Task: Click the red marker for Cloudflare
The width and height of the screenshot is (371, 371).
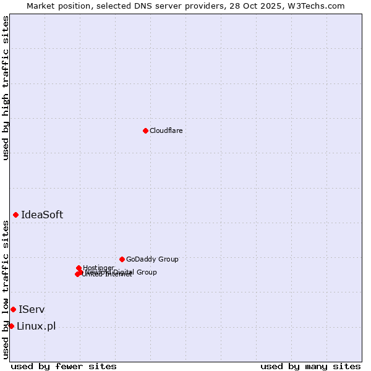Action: (145, 130)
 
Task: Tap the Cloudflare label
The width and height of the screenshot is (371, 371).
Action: (166, 131)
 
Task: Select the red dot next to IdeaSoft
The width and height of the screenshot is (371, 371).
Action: (16, 215)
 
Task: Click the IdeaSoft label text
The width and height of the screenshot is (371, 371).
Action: (42, 215)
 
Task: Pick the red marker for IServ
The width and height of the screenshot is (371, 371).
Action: (13, 309)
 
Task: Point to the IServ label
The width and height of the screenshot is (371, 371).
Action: (32, 310)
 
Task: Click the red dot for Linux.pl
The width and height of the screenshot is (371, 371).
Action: (11, 326)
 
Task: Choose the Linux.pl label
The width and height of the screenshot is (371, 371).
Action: (36, 326)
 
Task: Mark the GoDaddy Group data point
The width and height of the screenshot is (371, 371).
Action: (122, 259)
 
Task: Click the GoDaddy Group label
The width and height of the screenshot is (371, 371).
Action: (152, 260)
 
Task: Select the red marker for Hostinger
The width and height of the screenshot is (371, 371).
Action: (79, 268)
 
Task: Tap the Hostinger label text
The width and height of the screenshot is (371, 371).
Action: (99, 268)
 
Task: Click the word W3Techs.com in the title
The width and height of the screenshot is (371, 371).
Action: (319, 6)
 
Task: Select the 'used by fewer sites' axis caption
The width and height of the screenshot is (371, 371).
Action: (64, 366)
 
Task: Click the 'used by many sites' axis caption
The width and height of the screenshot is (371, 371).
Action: (310, 366)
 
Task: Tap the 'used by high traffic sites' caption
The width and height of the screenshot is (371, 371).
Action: (6, 88)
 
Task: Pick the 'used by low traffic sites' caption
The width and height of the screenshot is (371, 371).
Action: (6, 289)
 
